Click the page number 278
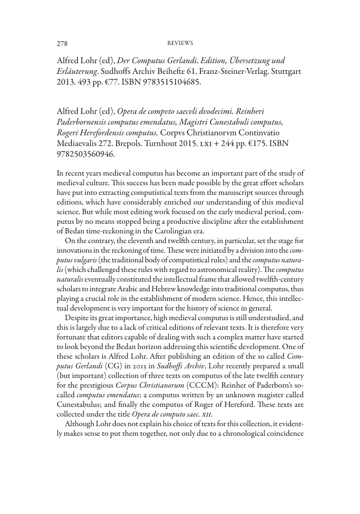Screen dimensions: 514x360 (x=62, y=43)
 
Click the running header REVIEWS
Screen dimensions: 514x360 (x=180, y=43)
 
